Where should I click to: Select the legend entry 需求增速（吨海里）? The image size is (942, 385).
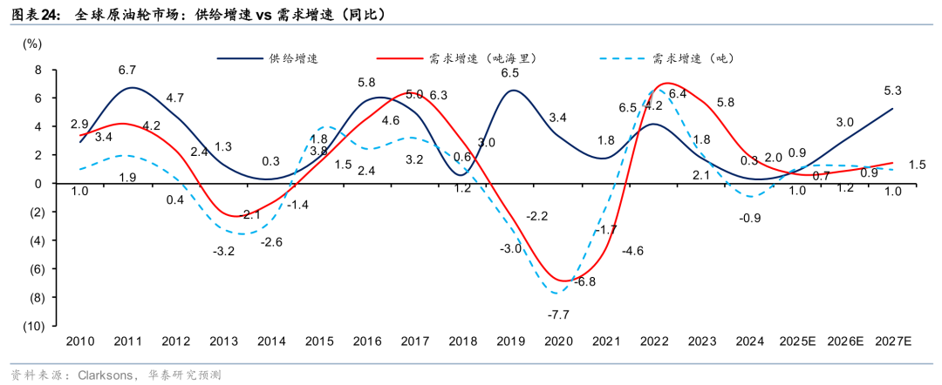[x=482, y=58]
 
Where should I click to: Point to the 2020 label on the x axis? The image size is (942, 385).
[x=558, y=343]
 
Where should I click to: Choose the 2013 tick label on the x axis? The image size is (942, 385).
[x=223, y=343]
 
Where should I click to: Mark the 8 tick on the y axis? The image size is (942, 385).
[x=38, y=70]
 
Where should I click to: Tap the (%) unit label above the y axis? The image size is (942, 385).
[x=31, y=43]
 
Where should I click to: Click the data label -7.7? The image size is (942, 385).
[x=557, y=314]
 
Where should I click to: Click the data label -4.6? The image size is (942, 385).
[x=631, y=251]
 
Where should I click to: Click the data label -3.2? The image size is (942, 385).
[x=223, y=252]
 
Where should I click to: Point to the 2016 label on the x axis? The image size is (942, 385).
[x=366, y=343]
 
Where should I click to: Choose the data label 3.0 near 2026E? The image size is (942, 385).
[x=844, y=123]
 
